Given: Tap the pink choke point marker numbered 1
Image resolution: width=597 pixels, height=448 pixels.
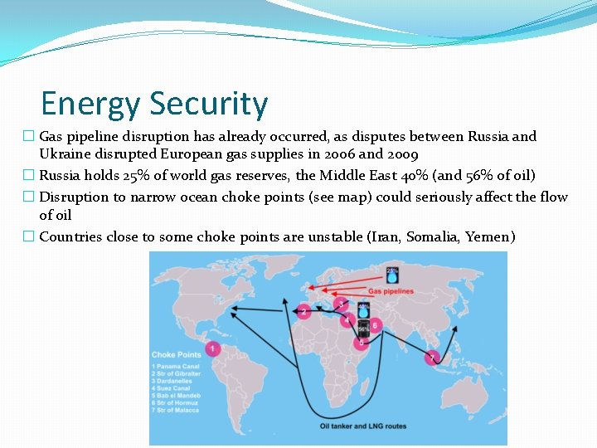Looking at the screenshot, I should (213, 349).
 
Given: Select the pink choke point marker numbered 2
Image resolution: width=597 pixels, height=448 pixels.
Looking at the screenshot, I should (304, 312).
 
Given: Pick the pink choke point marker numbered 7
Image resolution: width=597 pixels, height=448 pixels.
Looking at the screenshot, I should (431, 358).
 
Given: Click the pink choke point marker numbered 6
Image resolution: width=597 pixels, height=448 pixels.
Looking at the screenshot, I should (375, 325).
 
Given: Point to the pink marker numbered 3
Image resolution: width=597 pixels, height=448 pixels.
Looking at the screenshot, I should (340, 304).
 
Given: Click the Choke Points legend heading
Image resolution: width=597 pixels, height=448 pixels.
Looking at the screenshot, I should (176, 354).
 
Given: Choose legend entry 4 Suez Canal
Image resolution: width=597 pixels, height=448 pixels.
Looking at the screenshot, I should (172, 388).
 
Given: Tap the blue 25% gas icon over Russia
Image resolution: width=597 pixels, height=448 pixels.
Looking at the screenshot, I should (392, 275).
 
